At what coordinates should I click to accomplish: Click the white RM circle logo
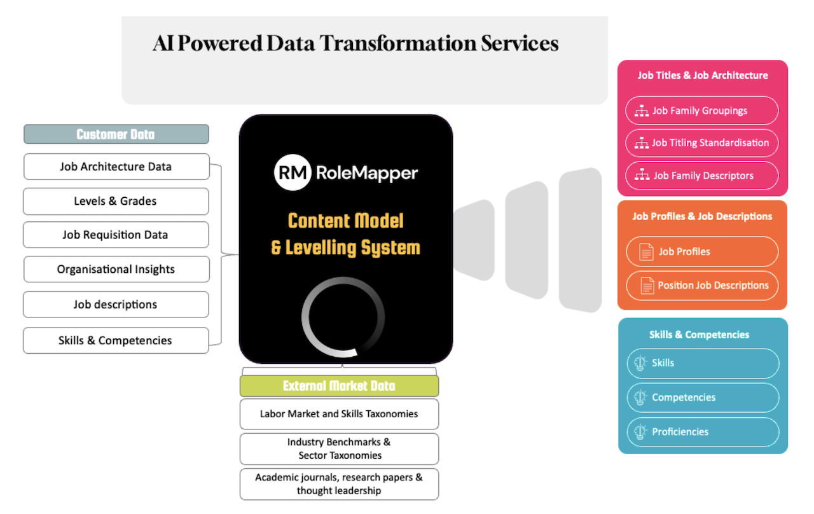pyautogui.click(x=293, y=172)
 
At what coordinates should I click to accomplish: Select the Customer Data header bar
pyautogui.click(x=116, y=134)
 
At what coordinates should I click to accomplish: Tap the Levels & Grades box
pyautogui.click(x=116, y=201)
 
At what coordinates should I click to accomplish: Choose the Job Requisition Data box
pyautogui.click(x=116, y=235)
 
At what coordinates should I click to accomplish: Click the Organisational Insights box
pyautogui.click(x=116, y=269)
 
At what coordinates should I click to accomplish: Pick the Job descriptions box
pyautogui.click(x=116, y=304)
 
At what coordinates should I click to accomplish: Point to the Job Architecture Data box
pyautogui.click(x=116, y=167)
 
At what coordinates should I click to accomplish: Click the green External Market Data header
pyautogui.click(x=339, y=385)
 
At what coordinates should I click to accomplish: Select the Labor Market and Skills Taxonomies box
pyautogui.click(x=339, y=413)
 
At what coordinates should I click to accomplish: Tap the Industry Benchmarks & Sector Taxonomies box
pyautogui.click(x=339, y=448)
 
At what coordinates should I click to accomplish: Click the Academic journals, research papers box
pyautogui.click(x=339, y=484)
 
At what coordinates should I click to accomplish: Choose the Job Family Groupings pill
pyautogui.click(x=701, y=111)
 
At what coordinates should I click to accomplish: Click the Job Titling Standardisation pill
pyautogui.click(x=701, y=143)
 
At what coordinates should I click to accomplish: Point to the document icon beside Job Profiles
pyautogui.click(x=646, y=252)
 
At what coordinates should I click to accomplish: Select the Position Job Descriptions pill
pyautogui.click(x=702, y=286)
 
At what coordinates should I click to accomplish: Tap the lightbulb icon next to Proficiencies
pyautogui.click(x=640, y=432)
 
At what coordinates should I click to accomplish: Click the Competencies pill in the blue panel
pyautogui.click(x=703, y=398)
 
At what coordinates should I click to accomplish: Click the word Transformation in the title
pyautogui.click(x=397, y=43)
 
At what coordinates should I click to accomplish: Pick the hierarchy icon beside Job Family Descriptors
pyautogui.click(x=642, y=175)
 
